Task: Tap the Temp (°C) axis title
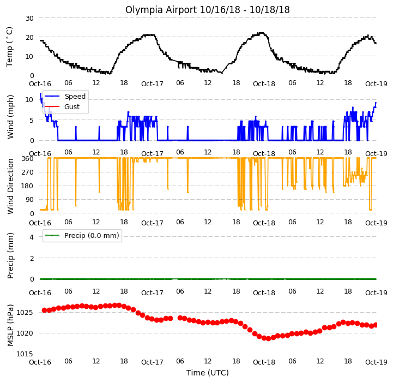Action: pos(9,47)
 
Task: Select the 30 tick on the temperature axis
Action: pos(29,19)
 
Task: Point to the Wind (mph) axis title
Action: pos(10,117)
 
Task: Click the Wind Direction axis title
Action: pos(10,186)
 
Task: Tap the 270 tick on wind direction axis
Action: pos(28,172)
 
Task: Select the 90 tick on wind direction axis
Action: pos(29,200)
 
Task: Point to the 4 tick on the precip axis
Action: pos(32,237)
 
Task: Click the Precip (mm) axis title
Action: pos(10,255)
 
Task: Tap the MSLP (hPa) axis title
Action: pos(10,325)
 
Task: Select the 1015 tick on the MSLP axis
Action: pos(25,354)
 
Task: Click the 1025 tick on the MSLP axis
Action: pos(25,313)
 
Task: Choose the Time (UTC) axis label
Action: pos(208,373)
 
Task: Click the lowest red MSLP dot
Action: pos(268,338)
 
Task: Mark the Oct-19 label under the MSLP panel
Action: pos(376,362)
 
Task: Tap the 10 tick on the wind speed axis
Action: pos(29,100)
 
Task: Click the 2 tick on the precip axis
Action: pos(32,258)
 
